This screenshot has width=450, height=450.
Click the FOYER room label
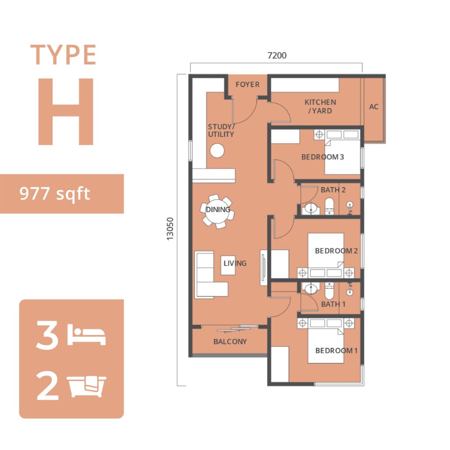(247, 84)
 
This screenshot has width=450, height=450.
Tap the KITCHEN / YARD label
(320, 106)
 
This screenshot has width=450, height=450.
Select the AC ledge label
(374, 107)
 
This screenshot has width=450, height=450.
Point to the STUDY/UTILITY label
(221, 131)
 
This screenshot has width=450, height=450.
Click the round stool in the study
(217, 150)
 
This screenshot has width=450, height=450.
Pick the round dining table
(218, 211)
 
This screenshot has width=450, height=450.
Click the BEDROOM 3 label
(322, 157)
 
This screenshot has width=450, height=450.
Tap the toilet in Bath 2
(329, 206)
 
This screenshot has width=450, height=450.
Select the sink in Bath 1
(311, 288)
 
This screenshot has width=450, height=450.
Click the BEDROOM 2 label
(336, 251)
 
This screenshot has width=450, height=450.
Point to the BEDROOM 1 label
(336, 350)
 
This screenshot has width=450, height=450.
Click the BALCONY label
(230, 341)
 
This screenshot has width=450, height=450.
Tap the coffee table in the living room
(228, 265)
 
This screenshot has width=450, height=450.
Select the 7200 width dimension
(277, 55)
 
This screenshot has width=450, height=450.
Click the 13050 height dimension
(170, 229)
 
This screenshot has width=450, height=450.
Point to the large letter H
(66, 111)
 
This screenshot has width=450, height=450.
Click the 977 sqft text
(54, 193)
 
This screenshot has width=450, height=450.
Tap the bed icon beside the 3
(87, 334)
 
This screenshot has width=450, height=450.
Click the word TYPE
(63, 54)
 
